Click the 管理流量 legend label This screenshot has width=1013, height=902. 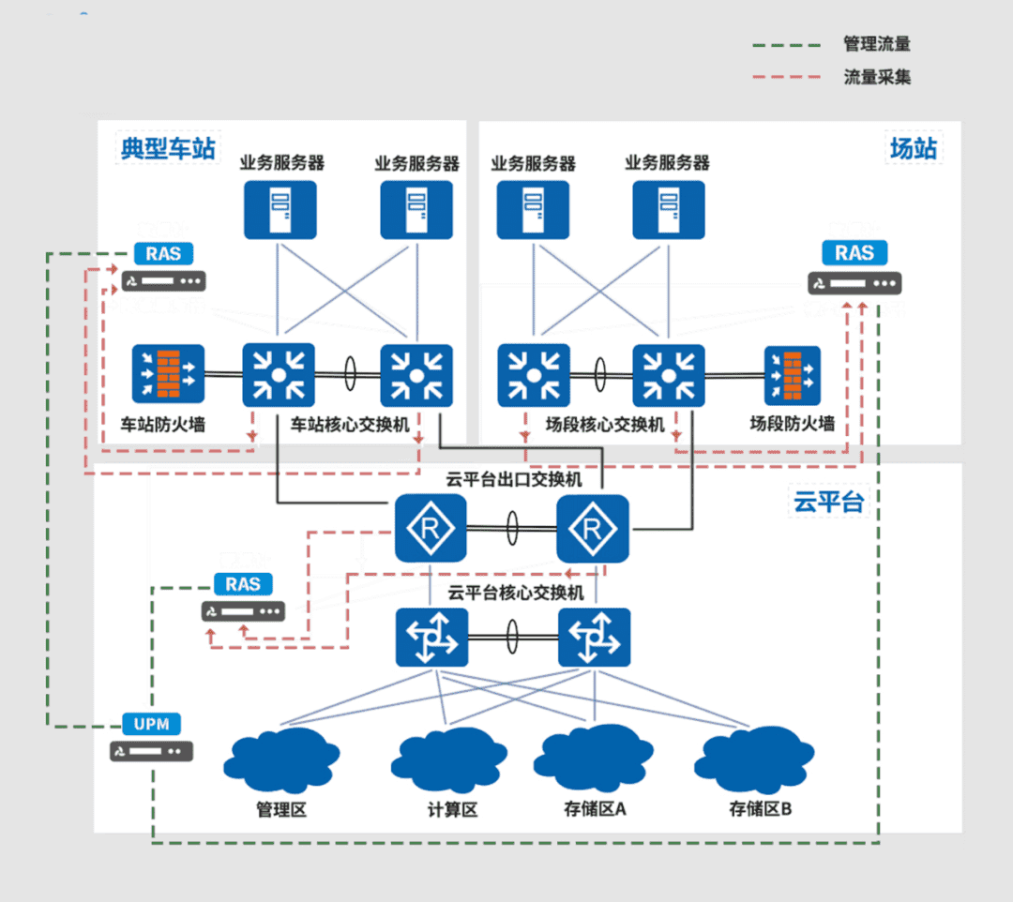pyautogui.click(x=877, y=44)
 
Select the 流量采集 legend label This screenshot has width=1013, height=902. pyautogui.click(x=877, y=77)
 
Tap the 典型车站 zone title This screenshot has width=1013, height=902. pyautogui.click(x=168, y=148)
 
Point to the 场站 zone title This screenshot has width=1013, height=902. pyautogui.click(x=914, y=148)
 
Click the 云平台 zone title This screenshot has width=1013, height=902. pyautogui.click(x=828, y=502)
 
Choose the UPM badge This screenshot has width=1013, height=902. pyautogui.click(x=151, y=724)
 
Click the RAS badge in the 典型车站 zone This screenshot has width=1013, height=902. pyautogui.click(x=163, y=253)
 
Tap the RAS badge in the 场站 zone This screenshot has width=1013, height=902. pyautogui.click(x=854, y=252)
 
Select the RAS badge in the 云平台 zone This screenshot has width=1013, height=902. pyautogui.click(x=243, y=584)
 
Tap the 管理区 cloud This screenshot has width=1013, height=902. pyautogui.click(x=281, y=760)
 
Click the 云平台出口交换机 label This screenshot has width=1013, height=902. pyautogui.click(x=514, y=480)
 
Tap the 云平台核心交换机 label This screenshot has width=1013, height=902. pyautogui.click(x=516, y=593)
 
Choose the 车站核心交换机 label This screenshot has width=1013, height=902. pyautogui.click(x=351, y=425)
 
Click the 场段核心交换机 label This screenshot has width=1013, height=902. pyautogui.click(x=605, y=425)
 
